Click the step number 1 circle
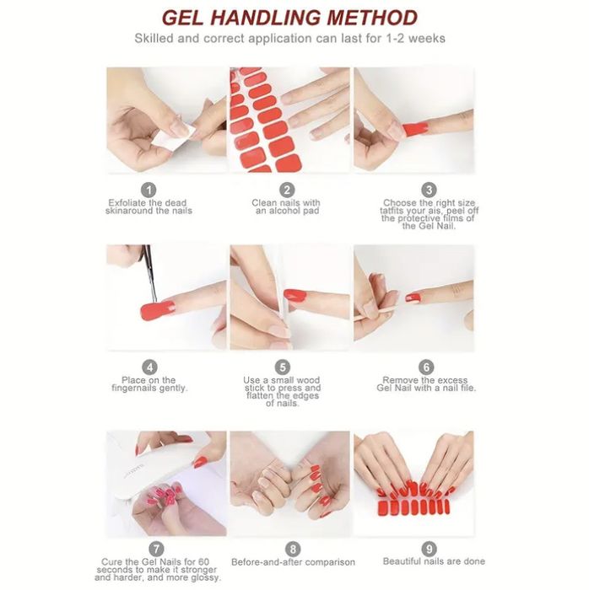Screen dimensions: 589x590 (x=149, y=190)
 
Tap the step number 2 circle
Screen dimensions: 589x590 (x=287, y=190)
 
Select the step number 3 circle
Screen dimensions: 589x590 (x=429, y=190)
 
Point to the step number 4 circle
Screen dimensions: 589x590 (x=149, y=367)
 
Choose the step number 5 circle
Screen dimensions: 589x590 (x=282, y=367)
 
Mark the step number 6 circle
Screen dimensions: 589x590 (x=426, y=367)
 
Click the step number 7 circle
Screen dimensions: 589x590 (x=156, y=549)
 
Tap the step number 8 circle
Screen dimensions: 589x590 (x=293, y=549)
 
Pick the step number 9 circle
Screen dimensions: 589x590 (x=429, y=549)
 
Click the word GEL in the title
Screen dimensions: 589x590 (x=182, y=18)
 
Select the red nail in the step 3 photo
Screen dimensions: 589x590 (x=415, y=128)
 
